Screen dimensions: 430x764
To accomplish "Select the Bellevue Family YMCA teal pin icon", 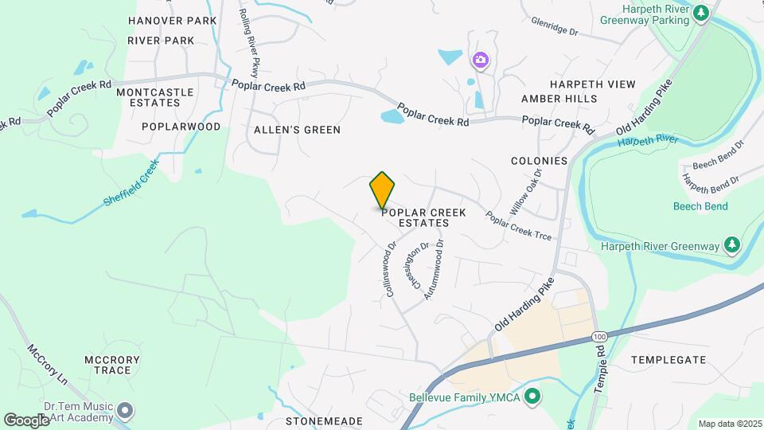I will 533,396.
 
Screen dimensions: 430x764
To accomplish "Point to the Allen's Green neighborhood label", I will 297,129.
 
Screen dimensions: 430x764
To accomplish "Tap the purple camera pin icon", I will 479,60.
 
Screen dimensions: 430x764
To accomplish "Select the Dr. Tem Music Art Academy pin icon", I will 124,411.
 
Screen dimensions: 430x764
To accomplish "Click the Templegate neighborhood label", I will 668,360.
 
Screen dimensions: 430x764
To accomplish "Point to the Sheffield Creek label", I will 131,183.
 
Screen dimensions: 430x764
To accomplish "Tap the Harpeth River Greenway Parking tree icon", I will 700,13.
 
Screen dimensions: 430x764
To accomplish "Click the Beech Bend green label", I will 700,206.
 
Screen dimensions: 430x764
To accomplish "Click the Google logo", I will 26,419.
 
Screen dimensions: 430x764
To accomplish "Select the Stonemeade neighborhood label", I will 324,421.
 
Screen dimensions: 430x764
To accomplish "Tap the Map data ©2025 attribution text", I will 728,424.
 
